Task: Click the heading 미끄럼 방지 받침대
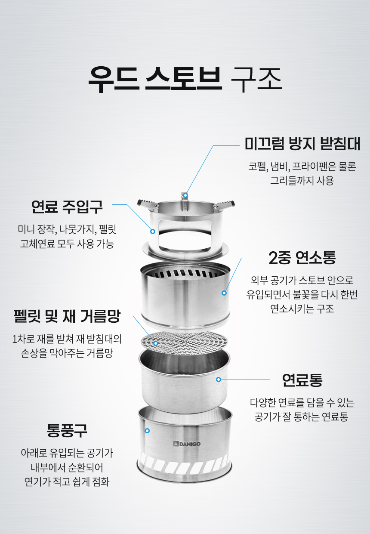(302, 144)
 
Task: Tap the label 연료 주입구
(67, 207)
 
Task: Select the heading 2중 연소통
(302, 258)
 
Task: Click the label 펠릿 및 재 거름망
(67, 316)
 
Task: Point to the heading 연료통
(302, 380)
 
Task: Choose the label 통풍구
(67, 431)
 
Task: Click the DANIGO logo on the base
(187, 444)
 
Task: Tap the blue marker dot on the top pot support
(185, 195)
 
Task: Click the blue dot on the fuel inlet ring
(153, 231)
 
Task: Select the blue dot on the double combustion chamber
(224, 293)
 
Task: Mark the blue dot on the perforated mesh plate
(156, 343)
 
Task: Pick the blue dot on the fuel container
(219, 379)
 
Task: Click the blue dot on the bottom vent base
(147, 431)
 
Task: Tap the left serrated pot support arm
(147, 204)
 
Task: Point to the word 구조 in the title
(256, 78)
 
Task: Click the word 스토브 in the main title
(184, 78)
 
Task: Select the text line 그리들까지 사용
(302, 180)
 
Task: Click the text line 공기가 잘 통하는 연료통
(301, 417)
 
